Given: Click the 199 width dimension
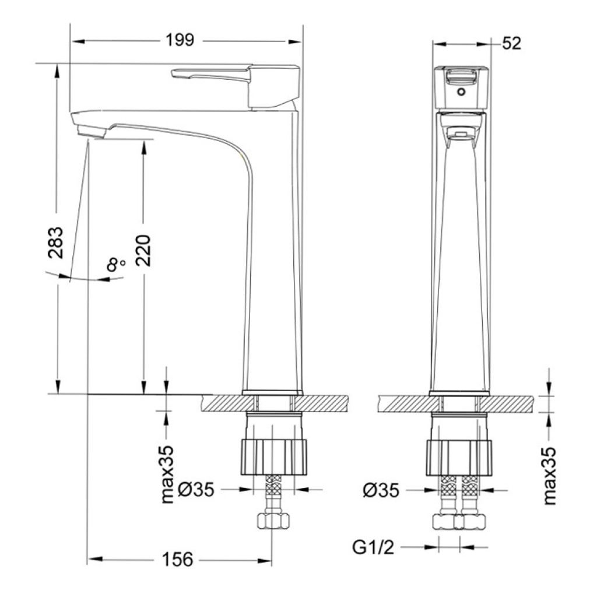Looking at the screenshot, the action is [180, 40].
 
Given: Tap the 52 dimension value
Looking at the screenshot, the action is [511, 43].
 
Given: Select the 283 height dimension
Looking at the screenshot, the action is [55, 243].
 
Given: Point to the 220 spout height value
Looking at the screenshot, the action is [143, 250].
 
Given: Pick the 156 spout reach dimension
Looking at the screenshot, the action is [177, 559].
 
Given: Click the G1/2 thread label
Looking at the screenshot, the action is [373, 547].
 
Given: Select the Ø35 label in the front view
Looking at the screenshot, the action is [381, 490].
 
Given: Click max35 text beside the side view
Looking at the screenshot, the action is [167, 475].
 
